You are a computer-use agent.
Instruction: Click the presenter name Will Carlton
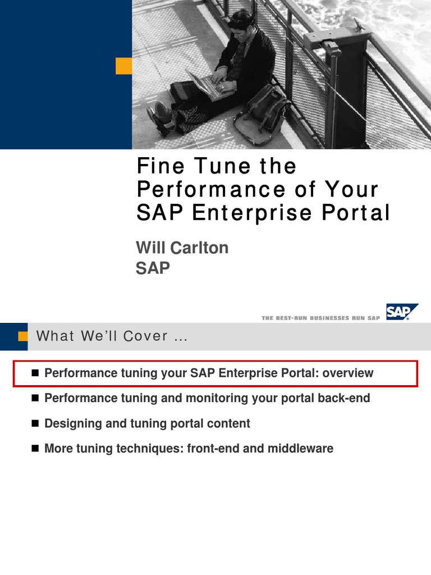pos(182,248)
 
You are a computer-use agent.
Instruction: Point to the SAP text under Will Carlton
pos(153,268)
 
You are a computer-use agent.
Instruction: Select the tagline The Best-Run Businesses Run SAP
pos(320,318)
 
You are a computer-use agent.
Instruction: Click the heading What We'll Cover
pos(110,336)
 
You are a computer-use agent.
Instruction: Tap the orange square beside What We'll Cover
pos(23,336)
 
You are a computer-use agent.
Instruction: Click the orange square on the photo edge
pos(123,66)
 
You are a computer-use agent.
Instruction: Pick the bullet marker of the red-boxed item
pos(35,373)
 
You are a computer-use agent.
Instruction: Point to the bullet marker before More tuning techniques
pos(35,449)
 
